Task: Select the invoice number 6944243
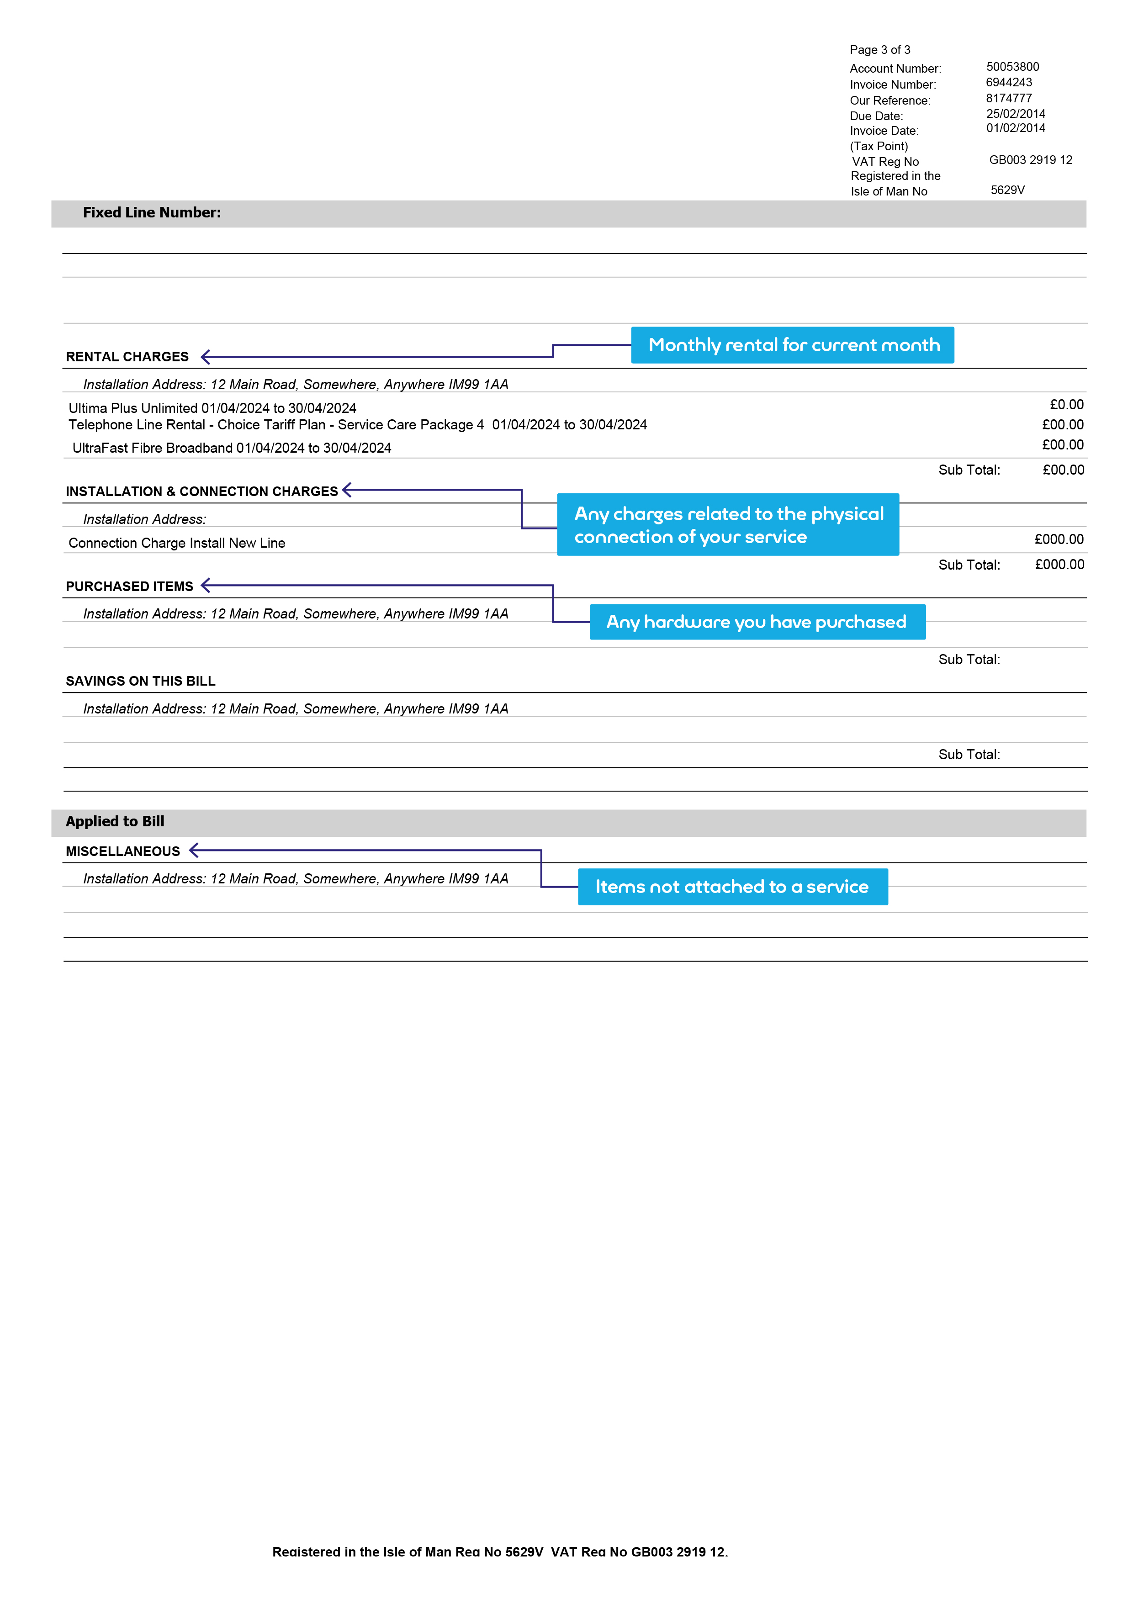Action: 1008,82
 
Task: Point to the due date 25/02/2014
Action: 1015,114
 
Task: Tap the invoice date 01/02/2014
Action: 1015,128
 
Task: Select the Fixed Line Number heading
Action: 151,213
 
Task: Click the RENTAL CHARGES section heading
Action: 127,357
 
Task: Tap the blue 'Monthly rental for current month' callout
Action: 793,345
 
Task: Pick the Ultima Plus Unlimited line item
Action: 212,408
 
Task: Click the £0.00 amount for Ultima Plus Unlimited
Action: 1066,405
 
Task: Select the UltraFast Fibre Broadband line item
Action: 232,448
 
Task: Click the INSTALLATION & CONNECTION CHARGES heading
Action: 201,492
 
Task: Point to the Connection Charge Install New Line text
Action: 176,544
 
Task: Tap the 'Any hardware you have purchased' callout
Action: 757,622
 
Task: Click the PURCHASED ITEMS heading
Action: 129,587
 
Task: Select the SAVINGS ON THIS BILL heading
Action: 140,682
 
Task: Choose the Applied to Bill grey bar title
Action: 115,822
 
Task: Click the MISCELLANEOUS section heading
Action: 123,852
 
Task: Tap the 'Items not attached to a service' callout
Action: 732,888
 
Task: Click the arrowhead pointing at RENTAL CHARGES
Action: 205,357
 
